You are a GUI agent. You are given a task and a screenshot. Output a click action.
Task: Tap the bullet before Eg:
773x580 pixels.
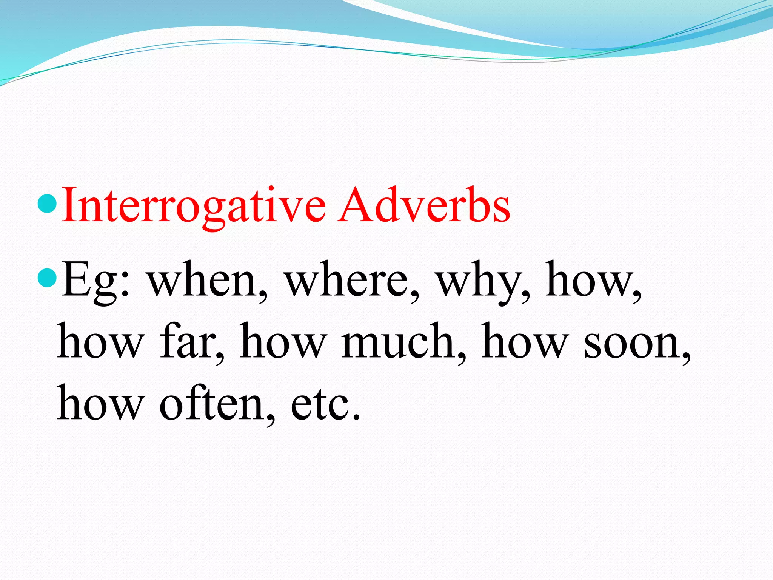click(48, 278)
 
